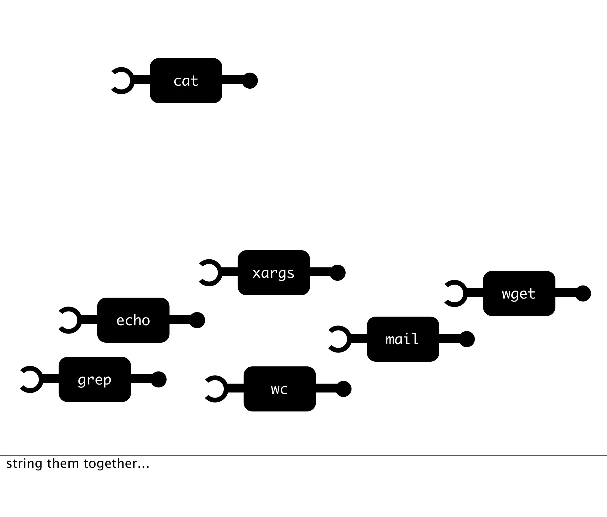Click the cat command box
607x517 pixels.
pyautogui.click(x=186, y=81)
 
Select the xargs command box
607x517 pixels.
pyautogui.click(x=274, y=273)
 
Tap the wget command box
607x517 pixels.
pyautogui.click(x=519, y=293)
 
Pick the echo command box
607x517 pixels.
pyautogui.click(x=133, y=320)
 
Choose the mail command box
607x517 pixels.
pyautogui.click(x=403, y=339)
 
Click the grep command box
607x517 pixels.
pyautogui.click(x=95, y=379)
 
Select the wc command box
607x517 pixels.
pyautogui.click(x=279, y=389)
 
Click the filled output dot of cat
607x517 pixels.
pyautogui.click(x=250, y=81)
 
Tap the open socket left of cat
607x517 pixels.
pyautogui.click(x=122, y=81)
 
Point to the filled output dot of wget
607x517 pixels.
pyautogui.click(x=583, y=293)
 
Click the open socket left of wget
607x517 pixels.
pyautogui.click(x=455, y=293)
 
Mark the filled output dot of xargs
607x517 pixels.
pyautogui.click(x=338, y=273)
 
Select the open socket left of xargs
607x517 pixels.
pyautogui.click(x=210, y=273)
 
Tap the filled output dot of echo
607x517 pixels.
pyautogui.click(x=197, y=320)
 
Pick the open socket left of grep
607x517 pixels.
pyautogui.click(x=31, y=379)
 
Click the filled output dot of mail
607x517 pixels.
pyautogui.click(x=467, y=339)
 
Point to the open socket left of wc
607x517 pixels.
pyautogui.click(x=215, y=389)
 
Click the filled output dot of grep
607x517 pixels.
pyautogui.click(x=159, y=379)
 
